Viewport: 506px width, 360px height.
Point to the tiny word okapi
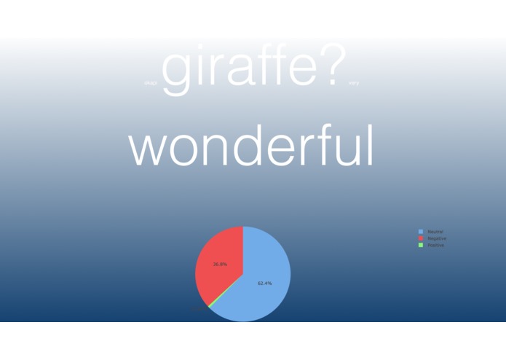[151, 83]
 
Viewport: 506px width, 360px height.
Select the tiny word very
[354, 83]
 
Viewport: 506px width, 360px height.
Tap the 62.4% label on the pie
[264, 283]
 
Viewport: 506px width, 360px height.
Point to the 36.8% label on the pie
[220, 264]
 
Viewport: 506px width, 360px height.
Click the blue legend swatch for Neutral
[420, 232]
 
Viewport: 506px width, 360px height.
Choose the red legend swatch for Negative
[420, 238]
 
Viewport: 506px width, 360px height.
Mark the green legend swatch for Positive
[420, 245]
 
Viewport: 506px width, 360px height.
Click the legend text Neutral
[435, 232]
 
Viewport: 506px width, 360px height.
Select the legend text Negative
[437, 238]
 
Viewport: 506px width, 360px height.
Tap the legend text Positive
[436, 245]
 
